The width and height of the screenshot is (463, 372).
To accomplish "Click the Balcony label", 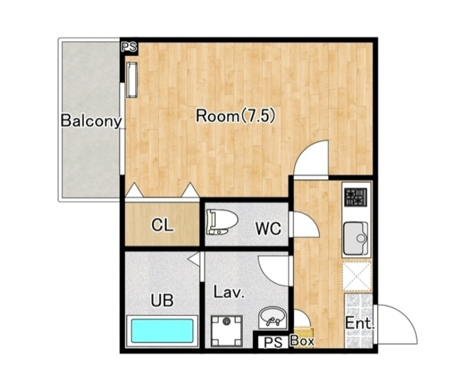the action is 91,121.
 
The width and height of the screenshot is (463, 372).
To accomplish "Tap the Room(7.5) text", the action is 236,116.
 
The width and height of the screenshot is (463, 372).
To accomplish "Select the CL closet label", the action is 162,226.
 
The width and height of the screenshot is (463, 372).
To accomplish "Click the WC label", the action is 268,228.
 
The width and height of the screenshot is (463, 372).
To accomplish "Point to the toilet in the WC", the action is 222,221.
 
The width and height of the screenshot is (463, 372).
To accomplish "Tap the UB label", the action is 162,300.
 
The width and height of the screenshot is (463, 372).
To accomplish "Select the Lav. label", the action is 229,292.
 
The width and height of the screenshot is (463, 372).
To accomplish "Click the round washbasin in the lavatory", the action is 272,317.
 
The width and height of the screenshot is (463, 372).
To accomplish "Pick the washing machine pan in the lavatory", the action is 227,331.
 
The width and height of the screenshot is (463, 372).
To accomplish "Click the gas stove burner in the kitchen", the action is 356,197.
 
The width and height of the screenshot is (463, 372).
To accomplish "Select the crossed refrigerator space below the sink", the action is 356,278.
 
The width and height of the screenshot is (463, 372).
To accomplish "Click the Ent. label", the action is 359,323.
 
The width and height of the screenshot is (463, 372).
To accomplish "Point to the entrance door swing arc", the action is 407,318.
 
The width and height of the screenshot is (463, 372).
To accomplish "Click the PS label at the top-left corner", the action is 129,47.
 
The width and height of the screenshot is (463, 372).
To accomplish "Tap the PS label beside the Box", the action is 273,343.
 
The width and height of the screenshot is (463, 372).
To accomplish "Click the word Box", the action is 303,341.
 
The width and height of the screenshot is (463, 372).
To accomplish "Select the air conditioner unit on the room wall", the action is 132,80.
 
